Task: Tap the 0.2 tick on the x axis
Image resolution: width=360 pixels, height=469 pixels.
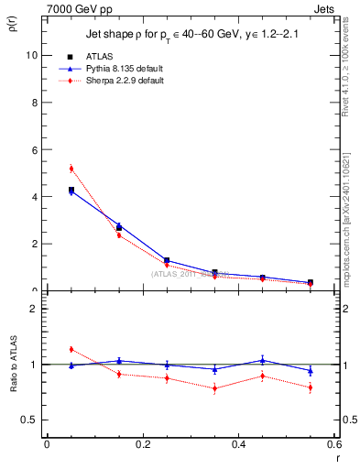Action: [x=142, y=444]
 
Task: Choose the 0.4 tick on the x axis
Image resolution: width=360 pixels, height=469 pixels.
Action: [x=238, y=444]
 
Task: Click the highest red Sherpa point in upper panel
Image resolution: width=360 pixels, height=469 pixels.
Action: [x=71, y=168]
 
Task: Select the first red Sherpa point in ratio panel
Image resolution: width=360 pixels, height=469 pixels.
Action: [x=71, y=349]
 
